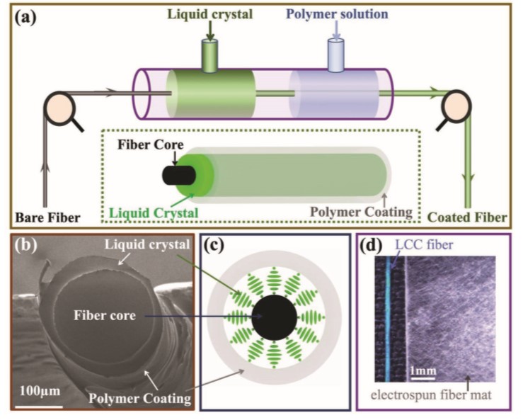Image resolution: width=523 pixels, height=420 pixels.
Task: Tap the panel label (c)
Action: [216, 247]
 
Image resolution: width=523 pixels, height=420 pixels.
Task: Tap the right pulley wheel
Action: [456, 106]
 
